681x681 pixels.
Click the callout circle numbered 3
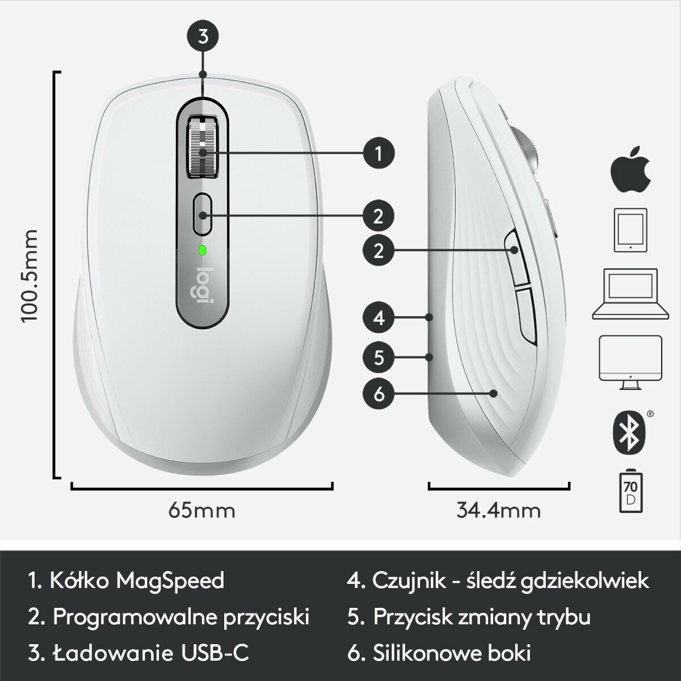(x=203, y=37)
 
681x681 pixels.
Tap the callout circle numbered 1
(x=379, y=153)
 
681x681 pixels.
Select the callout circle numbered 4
(x=379, y=318)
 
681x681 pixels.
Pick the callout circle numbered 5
(x=379, y=358)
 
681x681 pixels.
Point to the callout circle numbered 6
(x=379, y=393)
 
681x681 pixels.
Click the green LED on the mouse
(x=203, y=250)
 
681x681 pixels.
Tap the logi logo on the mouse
(x=203, y=287)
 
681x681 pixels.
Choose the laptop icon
(x=629, y=294)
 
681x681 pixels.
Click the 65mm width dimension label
(x=201, y=510)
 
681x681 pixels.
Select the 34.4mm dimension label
(x=498, y=510)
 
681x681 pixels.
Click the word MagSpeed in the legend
(x=170, y=581)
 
